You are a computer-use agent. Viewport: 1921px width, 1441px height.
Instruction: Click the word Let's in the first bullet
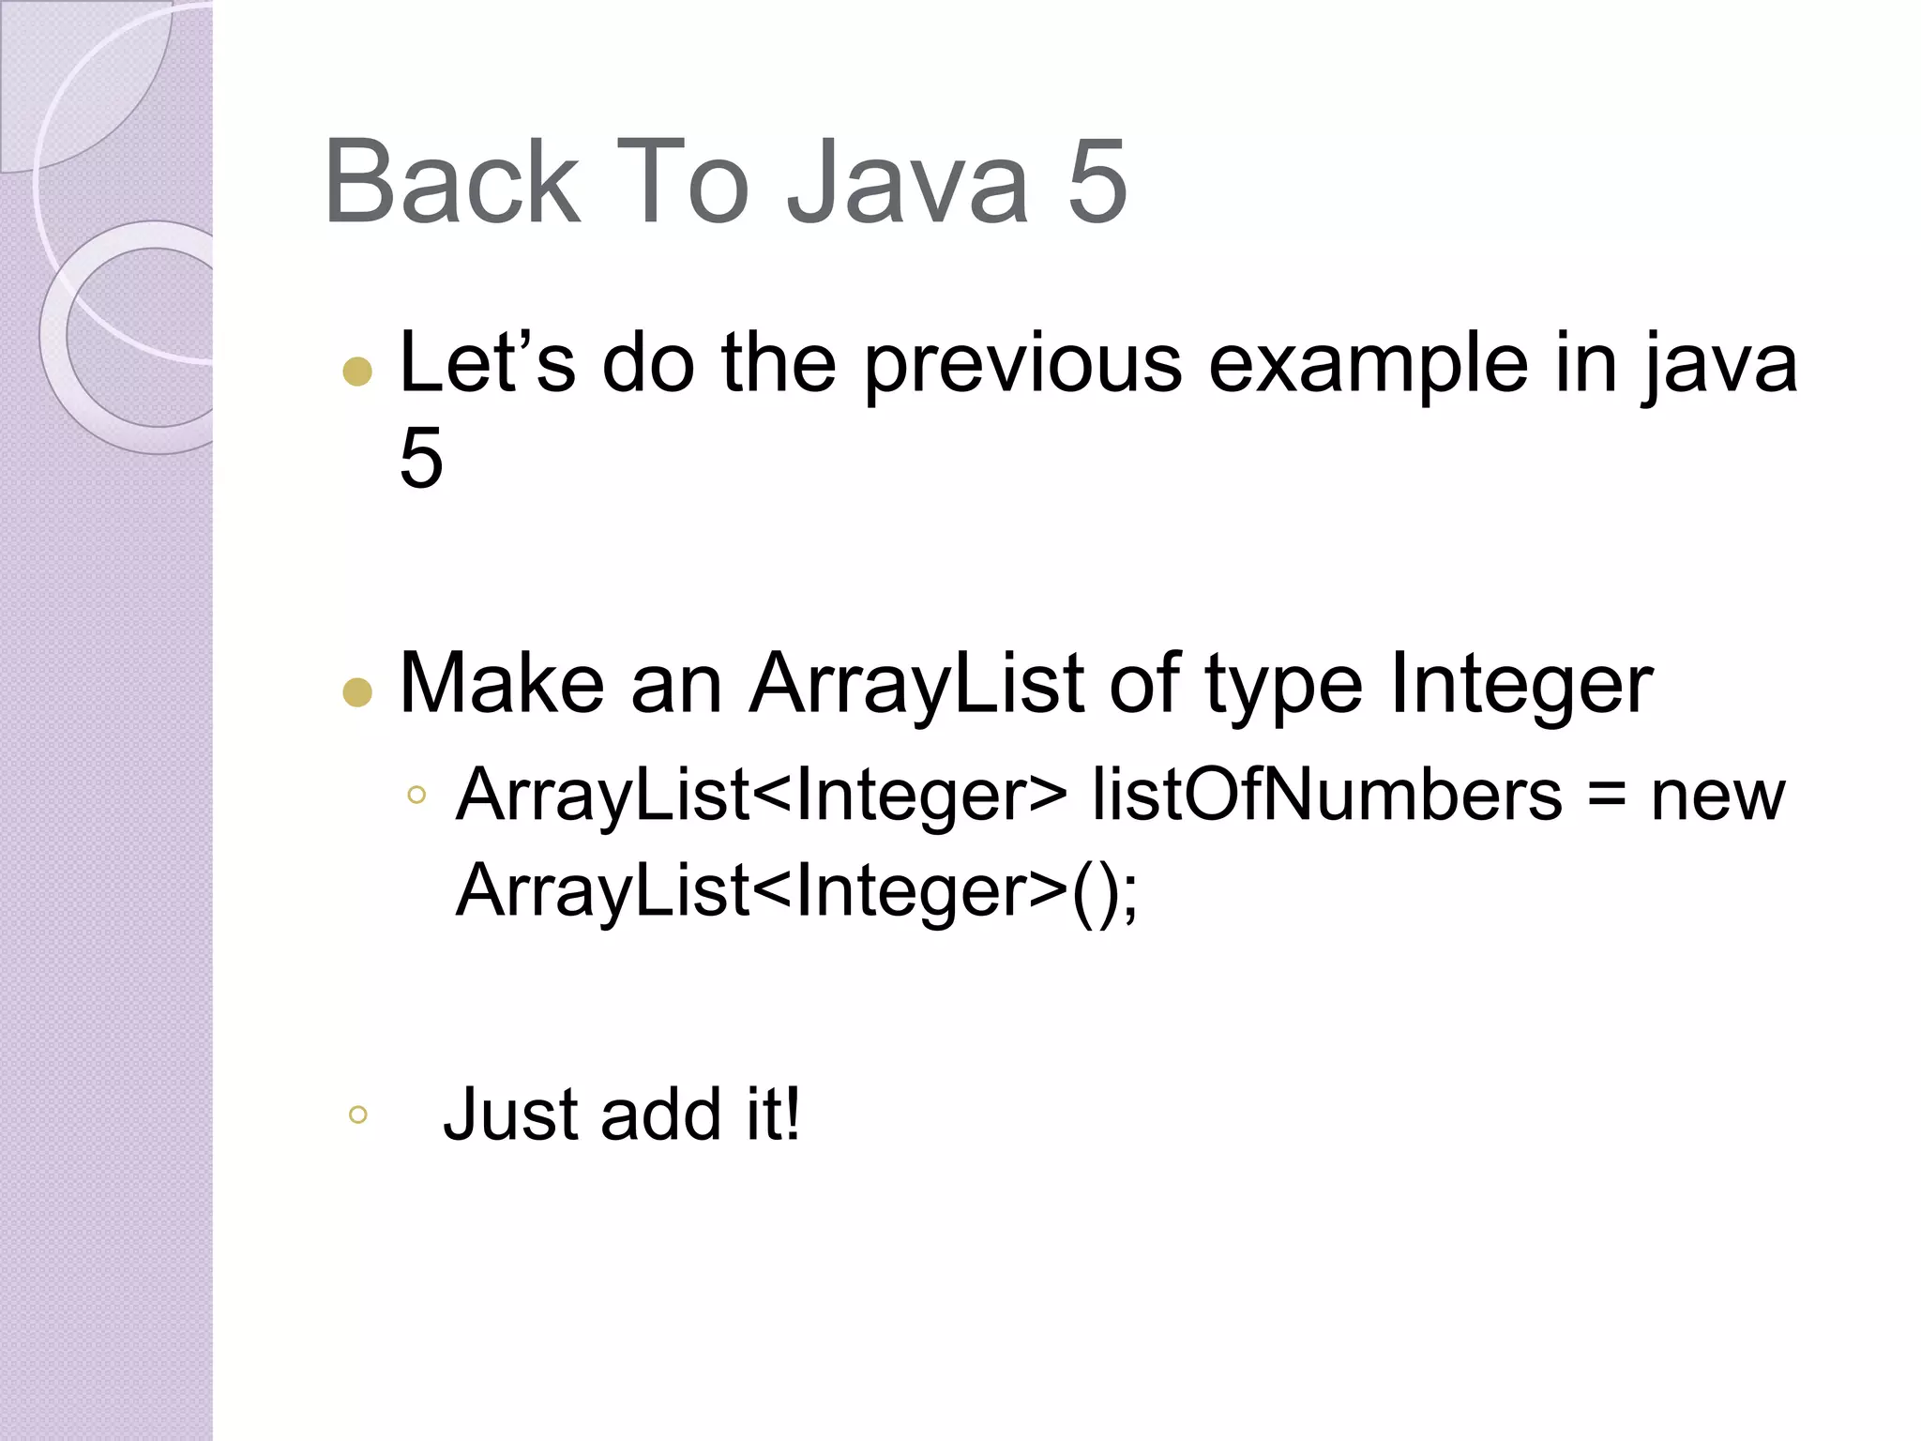(x=487, y=363)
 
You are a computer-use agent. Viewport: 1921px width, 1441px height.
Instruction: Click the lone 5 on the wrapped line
(x=421, y=458)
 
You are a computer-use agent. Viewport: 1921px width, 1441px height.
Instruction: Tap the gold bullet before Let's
(x=357, y=372)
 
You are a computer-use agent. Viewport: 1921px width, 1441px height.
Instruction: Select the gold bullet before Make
(x=357, y=692)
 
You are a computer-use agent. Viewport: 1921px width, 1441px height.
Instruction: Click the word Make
(x=502, y=684)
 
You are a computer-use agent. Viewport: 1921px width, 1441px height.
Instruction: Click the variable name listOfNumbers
(x=1326, y=795)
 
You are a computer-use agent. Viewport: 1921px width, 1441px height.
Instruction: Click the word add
(x=660, y=1114)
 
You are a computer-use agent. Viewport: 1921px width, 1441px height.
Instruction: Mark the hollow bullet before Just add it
(x=357, y=1115)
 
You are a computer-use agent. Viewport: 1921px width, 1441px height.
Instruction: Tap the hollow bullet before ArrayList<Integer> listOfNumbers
(x=416, y=796)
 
